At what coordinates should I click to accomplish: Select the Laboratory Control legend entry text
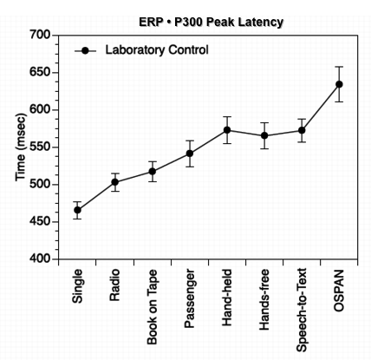(156, 50)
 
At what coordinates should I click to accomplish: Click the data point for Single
(77, 210)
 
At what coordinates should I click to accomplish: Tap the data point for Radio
(114, 182)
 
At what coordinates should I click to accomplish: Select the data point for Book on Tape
(152, 172)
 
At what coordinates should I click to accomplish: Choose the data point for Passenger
(189, 154)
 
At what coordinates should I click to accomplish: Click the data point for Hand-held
(227, 130)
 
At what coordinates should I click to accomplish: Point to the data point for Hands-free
(264, 135)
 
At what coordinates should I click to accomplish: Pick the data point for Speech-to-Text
(302, 130)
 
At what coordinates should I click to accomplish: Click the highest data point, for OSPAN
(339, 84)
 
